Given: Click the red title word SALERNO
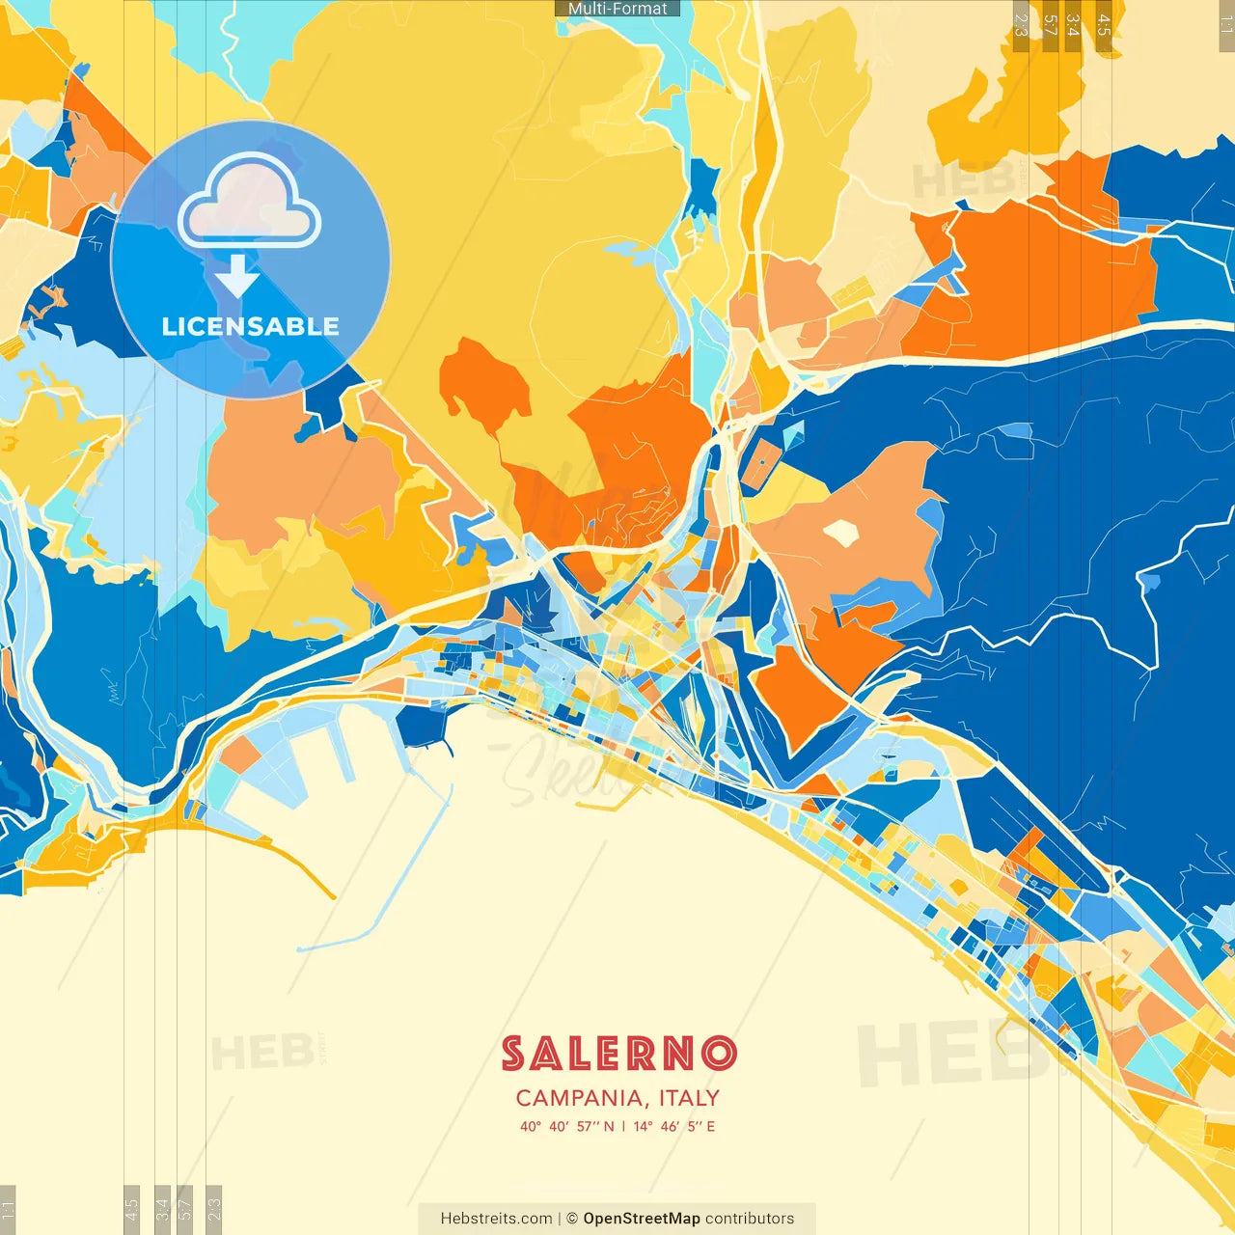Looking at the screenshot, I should tap(618, 1054).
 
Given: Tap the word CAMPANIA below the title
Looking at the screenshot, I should tap(581, 1098).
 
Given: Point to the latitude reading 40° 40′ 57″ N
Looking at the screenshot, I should tap(566, 1126).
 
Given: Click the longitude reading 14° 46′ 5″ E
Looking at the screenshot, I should tap(674, 1126).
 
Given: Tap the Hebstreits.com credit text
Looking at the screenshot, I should tap(496, 1219).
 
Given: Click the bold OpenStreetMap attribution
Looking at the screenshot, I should tap(642, 1219).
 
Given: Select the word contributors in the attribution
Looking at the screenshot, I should tap(750, 1219).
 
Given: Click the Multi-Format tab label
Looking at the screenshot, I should tap(617, 8).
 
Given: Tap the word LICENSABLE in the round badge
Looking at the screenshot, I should tap(250, 326).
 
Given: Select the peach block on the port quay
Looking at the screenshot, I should tap(240, 754).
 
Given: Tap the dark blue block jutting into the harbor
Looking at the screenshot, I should tap(423, 726).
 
